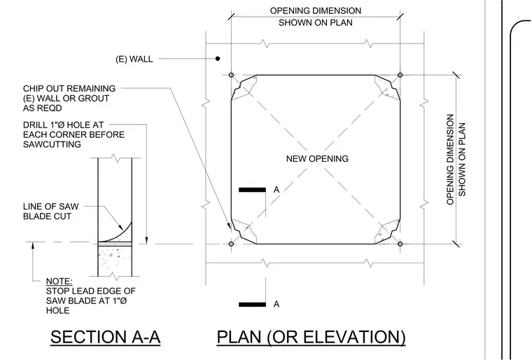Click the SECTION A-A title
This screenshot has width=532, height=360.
[x=105, y=338]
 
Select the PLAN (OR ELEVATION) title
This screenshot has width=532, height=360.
[x=311, y=338]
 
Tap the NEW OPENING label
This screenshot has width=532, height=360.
[x=317, y=158]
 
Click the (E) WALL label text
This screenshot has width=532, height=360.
[x=134, y=59]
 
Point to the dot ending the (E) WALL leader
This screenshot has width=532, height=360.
[x=218, y=59]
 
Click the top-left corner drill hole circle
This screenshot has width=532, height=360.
[x=232, y=75]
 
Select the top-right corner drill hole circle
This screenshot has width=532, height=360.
[x=400, y=75]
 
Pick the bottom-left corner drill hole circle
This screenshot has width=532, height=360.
[x=232, y=244]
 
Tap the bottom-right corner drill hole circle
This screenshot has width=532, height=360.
[x=400, y=244]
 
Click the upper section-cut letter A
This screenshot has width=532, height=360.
[x=276, y=190]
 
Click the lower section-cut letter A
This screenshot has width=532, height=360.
[x=276, y=304]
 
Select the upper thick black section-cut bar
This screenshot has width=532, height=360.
[x=252, y=190]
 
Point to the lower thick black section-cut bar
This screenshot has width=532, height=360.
[x=252, y=304]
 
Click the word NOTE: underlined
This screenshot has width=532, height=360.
[x=59, y=282]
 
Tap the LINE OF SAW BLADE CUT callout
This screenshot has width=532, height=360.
[x=51, y=212]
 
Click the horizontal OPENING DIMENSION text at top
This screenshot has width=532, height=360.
[x=316, y=17]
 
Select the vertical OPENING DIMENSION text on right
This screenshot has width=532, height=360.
[x=456, y=159]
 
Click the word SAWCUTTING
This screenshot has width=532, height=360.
[x=52, y=144]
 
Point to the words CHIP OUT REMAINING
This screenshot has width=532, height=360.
[x=69, y=89]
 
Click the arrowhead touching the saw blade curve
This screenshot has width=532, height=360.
[x=120, y=227]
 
